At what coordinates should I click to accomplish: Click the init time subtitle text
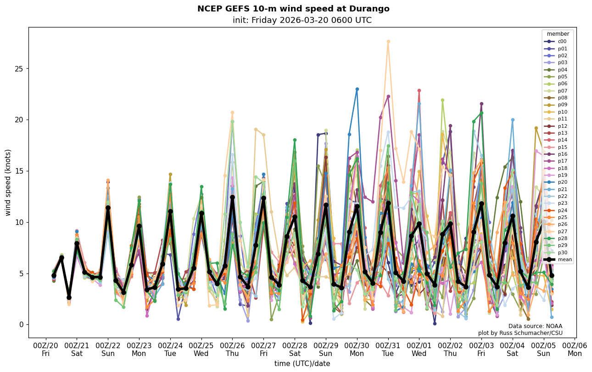302,20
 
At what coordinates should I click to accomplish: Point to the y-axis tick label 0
20,325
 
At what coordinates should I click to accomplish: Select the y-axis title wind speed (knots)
8,182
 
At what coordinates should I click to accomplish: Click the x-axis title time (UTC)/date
302,364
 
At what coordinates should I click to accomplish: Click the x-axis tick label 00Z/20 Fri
45,349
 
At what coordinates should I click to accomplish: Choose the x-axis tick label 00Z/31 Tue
388,349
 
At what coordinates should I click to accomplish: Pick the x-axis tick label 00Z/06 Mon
575,349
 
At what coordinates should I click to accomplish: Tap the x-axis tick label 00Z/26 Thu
232,349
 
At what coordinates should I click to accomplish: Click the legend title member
558,34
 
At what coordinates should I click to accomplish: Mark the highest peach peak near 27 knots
388,41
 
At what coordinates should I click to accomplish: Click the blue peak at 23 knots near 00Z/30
357,89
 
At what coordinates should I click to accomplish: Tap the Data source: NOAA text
535,326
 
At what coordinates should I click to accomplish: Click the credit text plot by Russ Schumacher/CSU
520,333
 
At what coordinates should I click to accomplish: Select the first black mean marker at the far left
54,275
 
